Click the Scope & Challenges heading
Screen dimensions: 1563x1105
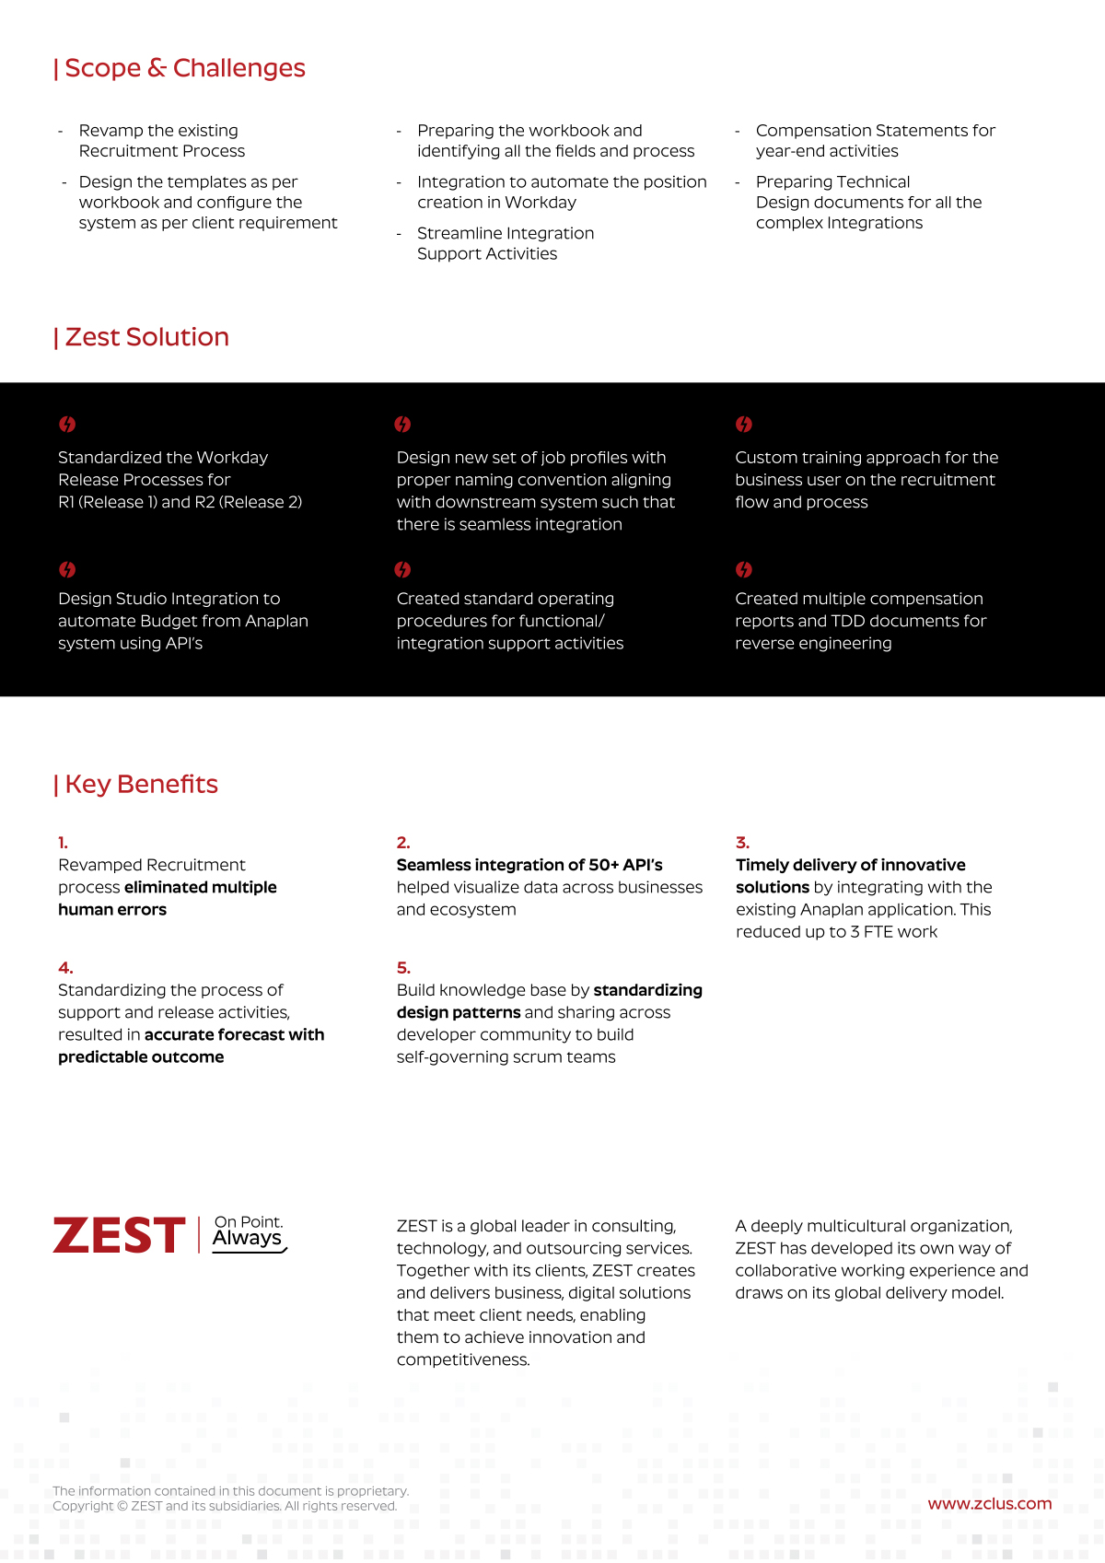tap(180, 68)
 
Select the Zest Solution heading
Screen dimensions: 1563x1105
tap(142, 337)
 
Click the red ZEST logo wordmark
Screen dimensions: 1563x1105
tap(119, 1235)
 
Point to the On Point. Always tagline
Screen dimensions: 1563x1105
tap(249, 1232)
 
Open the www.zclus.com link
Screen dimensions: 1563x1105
tap(989, 1503)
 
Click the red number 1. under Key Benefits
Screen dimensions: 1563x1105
tap(63, 843)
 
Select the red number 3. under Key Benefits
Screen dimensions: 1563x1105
tap(742, 843)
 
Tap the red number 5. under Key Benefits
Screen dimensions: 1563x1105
tap(403, 968)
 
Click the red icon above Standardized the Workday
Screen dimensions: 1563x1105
tap(67, 425)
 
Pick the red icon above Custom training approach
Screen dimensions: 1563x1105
tap(744, 425)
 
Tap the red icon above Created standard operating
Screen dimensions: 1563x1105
tap(402, 570)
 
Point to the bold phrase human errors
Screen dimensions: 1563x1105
tap(112, 910)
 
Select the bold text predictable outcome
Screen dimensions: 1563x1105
tap(141, 1057)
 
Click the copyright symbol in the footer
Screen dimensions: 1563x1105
tap(122, 1506)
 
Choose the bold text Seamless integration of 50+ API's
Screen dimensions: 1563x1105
tap(529, 865)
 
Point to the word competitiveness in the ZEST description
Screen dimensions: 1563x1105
tap(462, 1359)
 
